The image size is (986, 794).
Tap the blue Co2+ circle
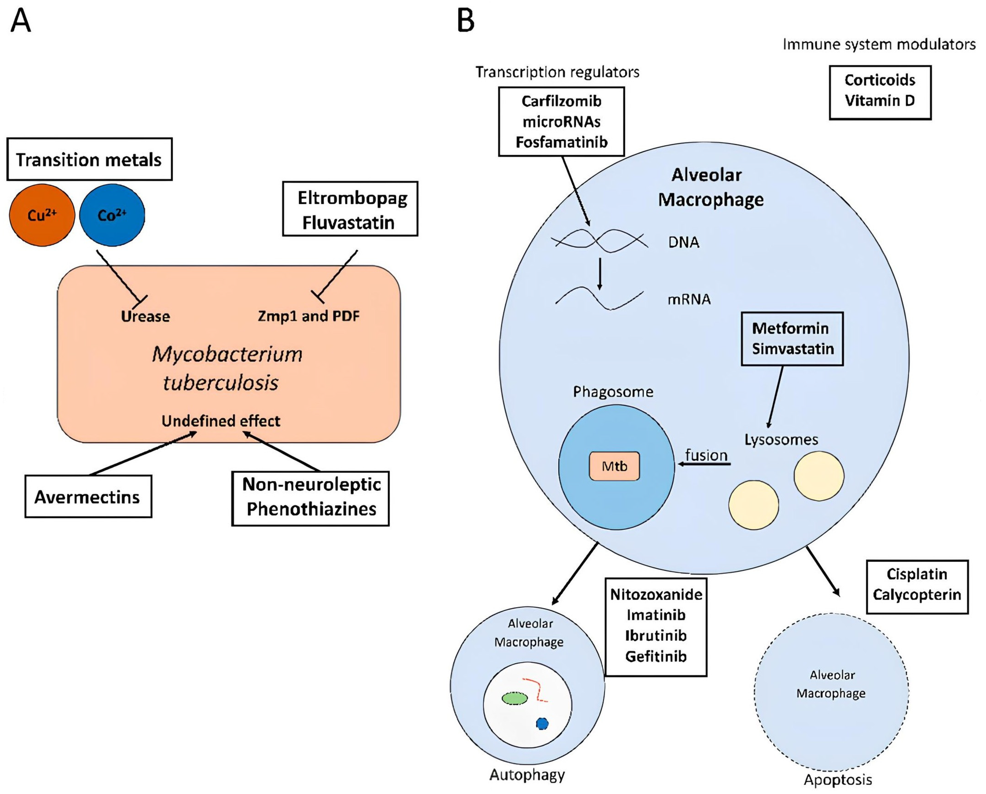pos(112,215)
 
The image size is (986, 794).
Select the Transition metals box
pos(89,160)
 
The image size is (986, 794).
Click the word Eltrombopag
pos(352,198)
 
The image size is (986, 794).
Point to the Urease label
pos(145,316)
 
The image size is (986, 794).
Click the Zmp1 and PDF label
pos(309,316)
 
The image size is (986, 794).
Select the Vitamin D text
pos(879,101)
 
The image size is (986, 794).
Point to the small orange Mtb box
pos(614,466)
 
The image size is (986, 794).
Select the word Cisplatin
pos(917,574)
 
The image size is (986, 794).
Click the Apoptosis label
pos(838,780)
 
